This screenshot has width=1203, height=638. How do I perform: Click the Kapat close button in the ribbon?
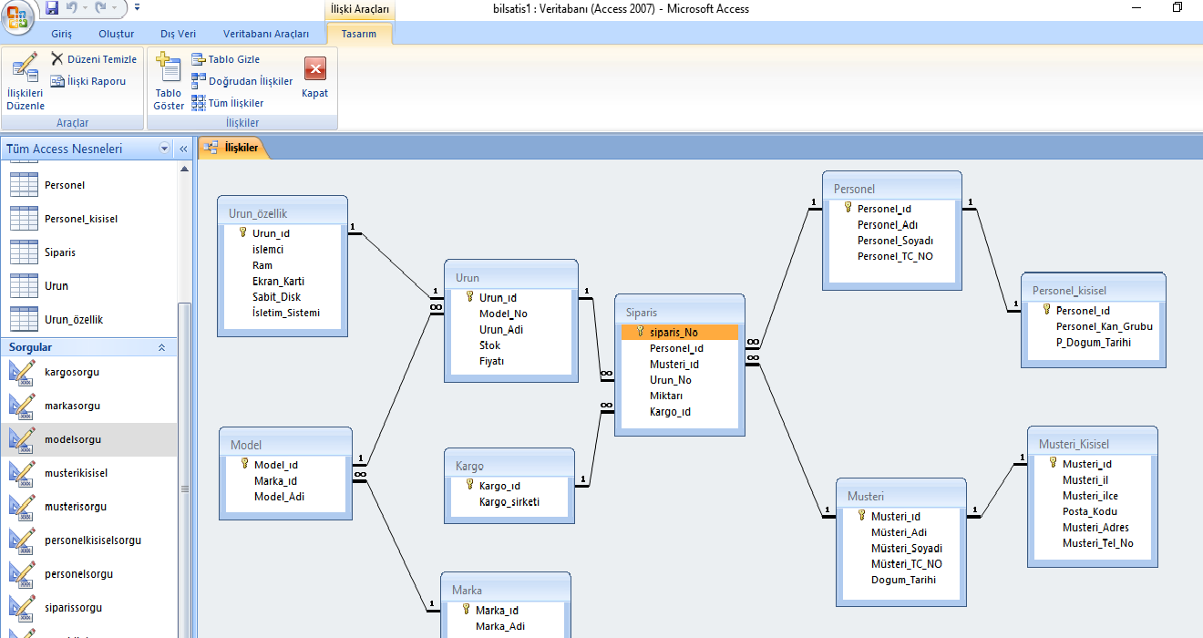pyautogui.click(x=314, y=77)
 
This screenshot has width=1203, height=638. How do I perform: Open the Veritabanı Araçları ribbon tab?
pyautogui.click(x=266, y=34)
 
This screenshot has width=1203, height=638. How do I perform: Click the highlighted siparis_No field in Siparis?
pyautogui.click(x=675, y=333)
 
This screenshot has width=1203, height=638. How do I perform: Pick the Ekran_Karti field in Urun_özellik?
pyautogui.click(x=278, y=281)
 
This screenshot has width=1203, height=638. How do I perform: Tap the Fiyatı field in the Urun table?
pyautogui.click(x=491, y=361)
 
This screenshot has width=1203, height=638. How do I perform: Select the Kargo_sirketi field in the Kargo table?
pyautogui.click(x=509, y=502)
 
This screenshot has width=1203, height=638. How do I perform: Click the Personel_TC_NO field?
pyautogui.click(x=895, y=256)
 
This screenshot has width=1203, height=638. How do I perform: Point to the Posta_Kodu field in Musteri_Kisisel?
pyautogui.click(x=1089, y=511)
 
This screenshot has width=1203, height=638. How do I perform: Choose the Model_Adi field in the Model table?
pyautogui.click(x=279, y=497)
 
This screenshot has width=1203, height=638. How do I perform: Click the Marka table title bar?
pyautogui.click(x=506, y=590)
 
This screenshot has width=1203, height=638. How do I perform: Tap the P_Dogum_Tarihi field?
pyautogui.click(x=1094, y=342)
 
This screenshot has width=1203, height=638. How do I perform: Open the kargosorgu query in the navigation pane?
pyautogui.click(x=72, y=372)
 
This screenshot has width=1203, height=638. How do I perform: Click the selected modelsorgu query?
pyautogui.click(x=73, y=439)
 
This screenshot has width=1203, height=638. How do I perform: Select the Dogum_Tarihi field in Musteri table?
pyautogui.click(x=903, y=580)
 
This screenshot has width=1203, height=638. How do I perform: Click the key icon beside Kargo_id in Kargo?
pyautogui.click(x=469, y=486)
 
